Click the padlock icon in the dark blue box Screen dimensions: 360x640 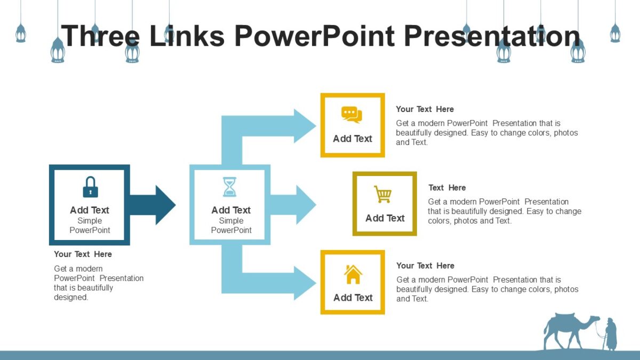90,187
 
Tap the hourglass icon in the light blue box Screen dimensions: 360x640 230,187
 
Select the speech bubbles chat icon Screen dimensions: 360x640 351,115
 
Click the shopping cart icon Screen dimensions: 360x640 383,195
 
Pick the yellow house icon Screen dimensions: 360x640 353,275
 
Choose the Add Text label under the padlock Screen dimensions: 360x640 90,210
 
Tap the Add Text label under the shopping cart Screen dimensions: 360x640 385,218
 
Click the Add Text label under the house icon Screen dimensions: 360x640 353,298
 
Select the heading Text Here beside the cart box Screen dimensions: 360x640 447,188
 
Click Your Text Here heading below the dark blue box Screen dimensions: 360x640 83,254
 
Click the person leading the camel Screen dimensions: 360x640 610,334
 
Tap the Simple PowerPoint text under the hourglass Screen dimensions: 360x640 231,226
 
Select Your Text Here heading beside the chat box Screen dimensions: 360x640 425,109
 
